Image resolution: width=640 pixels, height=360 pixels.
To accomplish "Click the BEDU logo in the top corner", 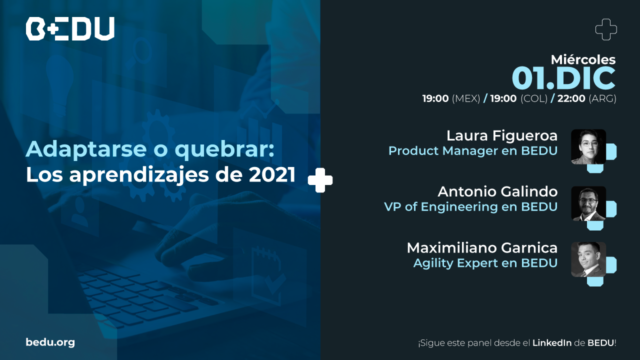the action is [x=70, y=28].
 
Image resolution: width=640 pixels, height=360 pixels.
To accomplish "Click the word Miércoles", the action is [x=583, y=59].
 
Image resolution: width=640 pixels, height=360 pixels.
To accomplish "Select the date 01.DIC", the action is [x=563, y=78].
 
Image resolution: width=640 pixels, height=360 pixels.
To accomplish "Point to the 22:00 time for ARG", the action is [x=571, y=98].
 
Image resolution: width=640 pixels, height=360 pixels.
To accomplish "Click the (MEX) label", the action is [x=466, y=98].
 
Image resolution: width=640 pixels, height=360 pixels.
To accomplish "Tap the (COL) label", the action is [x=534, y=98].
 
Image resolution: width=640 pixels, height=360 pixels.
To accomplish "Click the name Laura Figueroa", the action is [x=502, y=135].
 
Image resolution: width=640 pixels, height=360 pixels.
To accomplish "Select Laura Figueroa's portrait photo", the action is [x=588, y=146].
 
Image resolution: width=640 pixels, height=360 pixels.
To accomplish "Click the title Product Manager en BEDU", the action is [x=473, y=151].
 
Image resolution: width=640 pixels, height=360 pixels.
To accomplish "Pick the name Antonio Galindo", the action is [x=497, y=191].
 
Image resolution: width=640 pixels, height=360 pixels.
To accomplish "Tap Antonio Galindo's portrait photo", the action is [x=588, y=203].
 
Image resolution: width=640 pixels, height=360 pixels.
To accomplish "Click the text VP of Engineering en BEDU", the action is [x=471, y=207].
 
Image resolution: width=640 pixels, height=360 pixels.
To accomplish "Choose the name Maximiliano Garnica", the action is [x=482, y=247].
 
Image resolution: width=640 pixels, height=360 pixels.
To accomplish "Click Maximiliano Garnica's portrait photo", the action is [x=588, y=259].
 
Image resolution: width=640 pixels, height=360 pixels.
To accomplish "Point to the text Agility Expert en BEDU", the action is [x=485, y=263].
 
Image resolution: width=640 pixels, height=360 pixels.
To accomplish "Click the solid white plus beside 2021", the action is [x=320, y=180].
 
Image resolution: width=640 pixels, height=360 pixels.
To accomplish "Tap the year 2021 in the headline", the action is [x=272, y=174].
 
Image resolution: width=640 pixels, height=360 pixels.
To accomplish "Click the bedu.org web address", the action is [x=50, y=342].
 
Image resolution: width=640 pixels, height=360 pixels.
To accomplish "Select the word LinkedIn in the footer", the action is [x=552, y=343].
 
